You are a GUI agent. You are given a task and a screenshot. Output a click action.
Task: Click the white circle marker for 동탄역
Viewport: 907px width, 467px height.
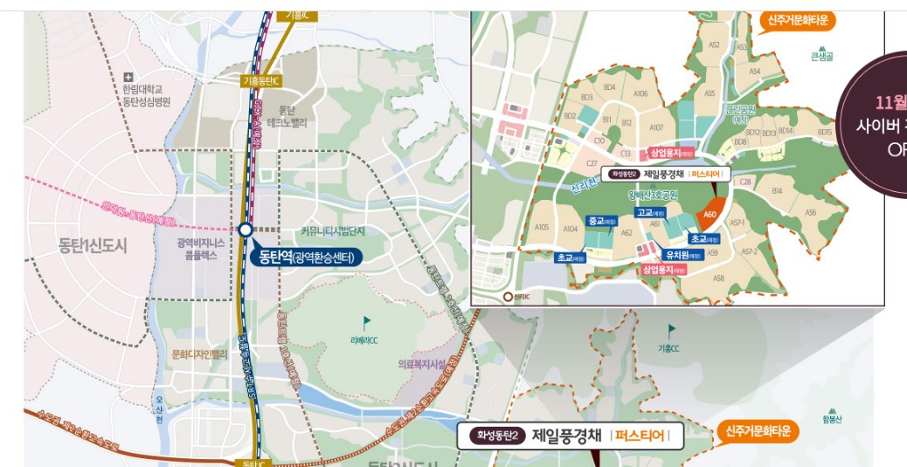point(246,230)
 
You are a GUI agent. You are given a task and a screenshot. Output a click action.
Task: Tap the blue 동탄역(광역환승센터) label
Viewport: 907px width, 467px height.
point(305,257)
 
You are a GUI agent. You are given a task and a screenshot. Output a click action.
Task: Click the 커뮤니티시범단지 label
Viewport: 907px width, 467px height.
point(333,230)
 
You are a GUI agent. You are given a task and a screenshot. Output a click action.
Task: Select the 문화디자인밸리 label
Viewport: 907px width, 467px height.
point(200,354)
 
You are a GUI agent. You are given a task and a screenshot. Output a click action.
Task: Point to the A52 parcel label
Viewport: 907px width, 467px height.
point(714,45)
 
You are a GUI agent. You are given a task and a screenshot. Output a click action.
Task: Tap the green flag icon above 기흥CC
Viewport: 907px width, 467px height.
point(671,331)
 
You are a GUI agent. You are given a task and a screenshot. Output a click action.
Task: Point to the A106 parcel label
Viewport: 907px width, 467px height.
point(640,93)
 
